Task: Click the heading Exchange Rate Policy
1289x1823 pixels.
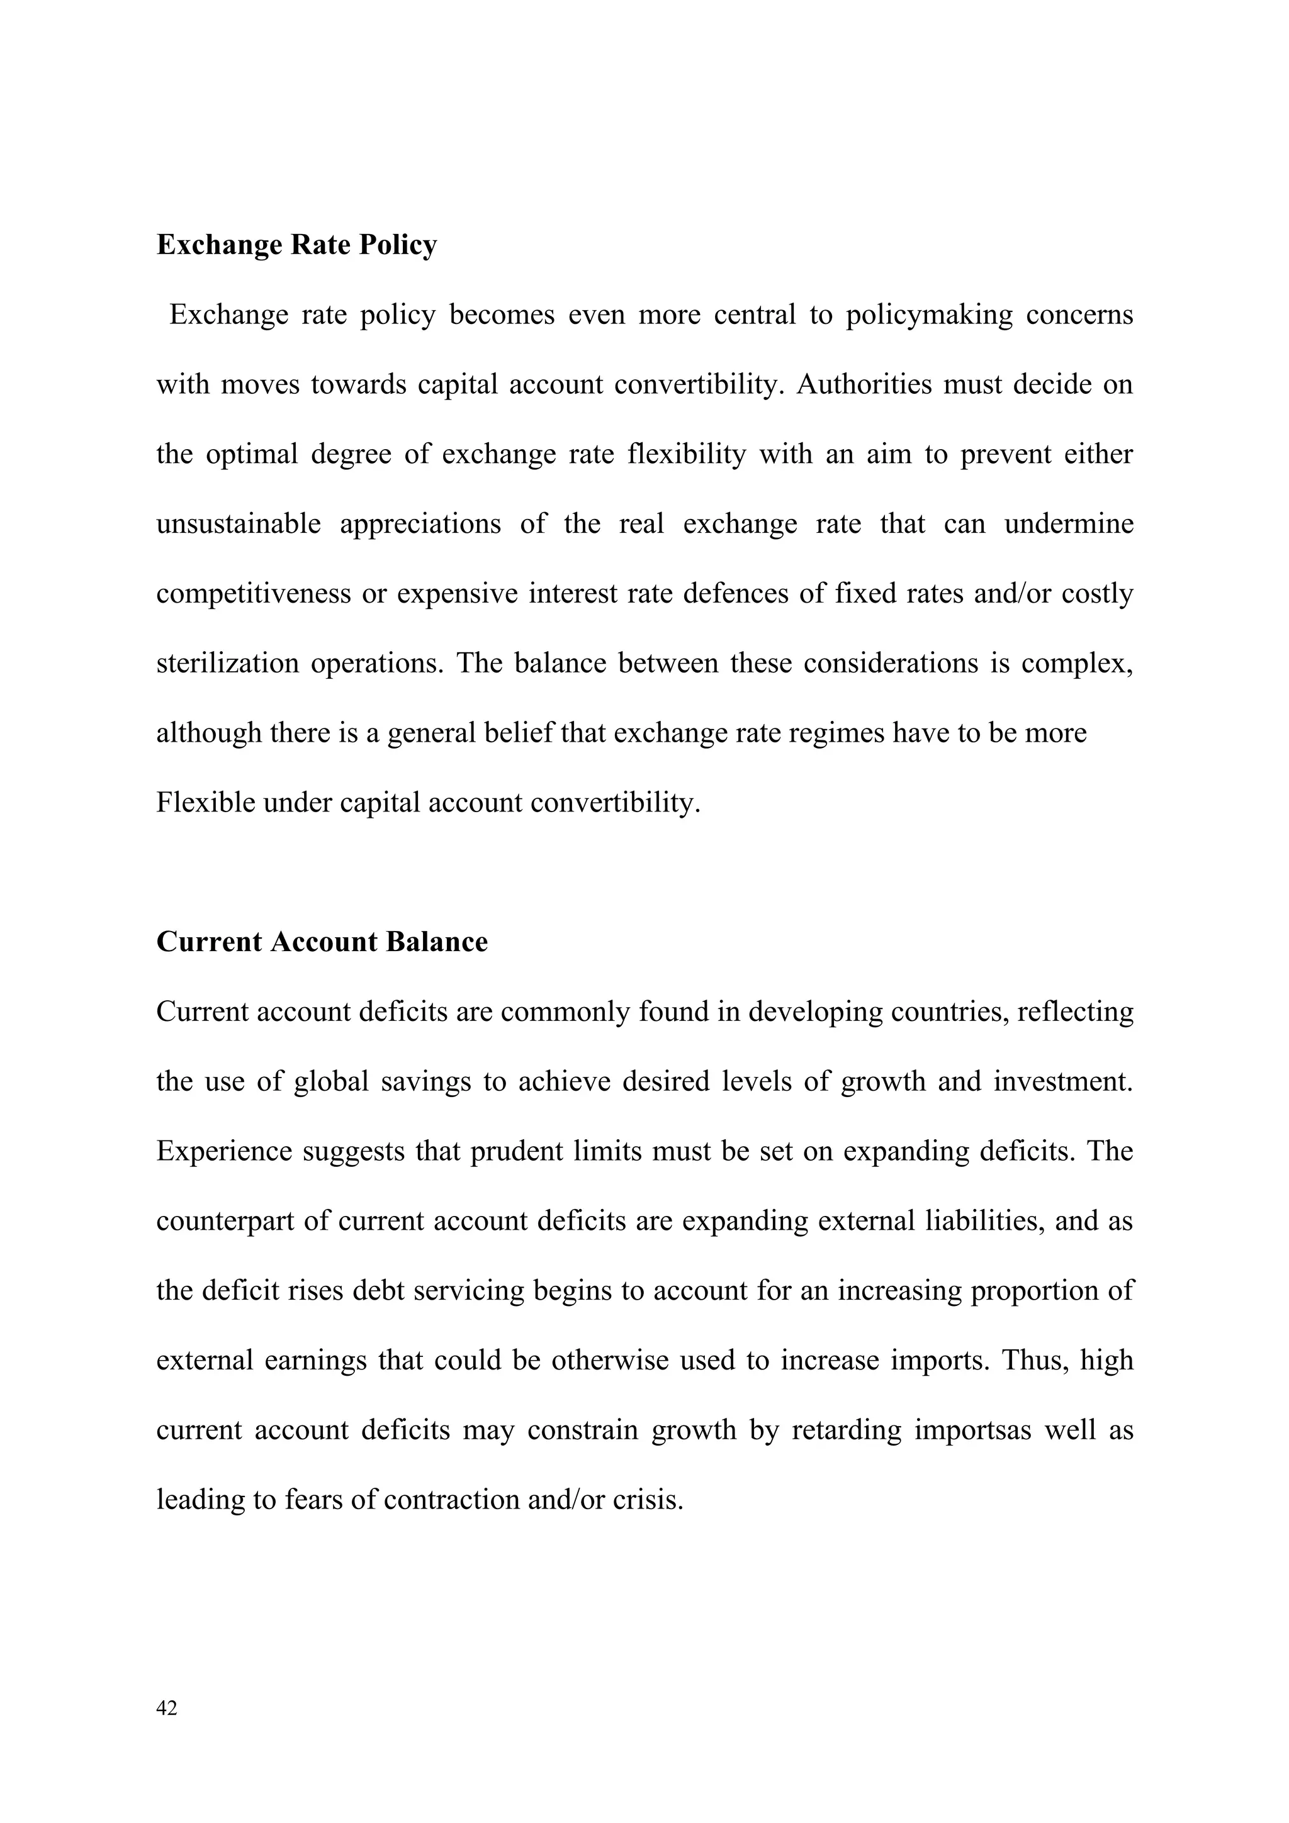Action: click(x=296, y=245)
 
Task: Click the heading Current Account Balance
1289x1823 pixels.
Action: click(x=322, y=942)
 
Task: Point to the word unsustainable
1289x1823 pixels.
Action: click(x=239, y=524)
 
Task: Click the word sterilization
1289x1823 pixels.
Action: click(x=227, y=663)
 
